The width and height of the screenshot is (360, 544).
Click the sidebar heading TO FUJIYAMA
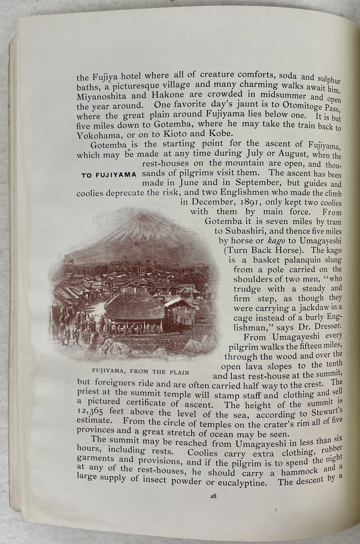[108, 175]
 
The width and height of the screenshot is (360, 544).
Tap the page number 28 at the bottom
[213, 495]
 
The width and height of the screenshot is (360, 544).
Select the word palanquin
[296, 260]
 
